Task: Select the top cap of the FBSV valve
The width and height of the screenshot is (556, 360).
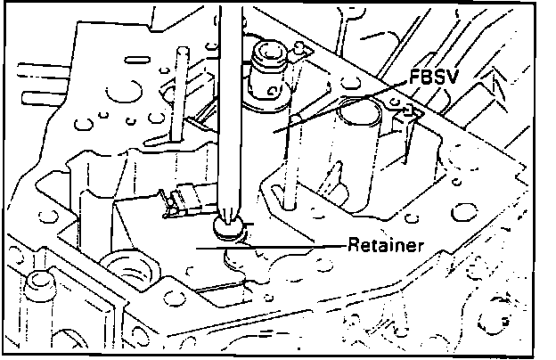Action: [270, 63]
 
